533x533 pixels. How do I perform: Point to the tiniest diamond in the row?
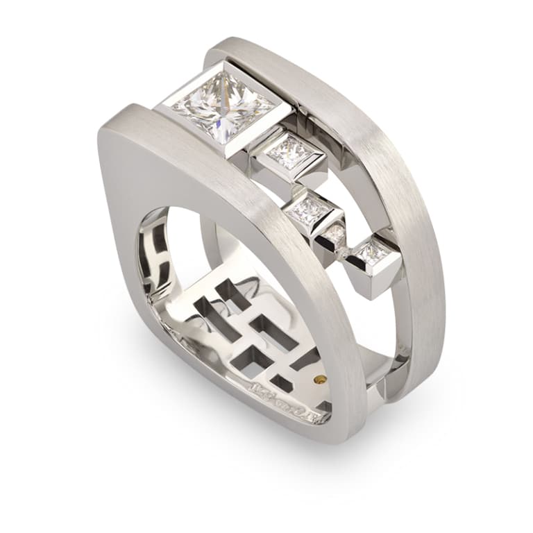(336, 234)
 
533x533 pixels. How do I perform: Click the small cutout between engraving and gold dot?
(282, 381)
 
